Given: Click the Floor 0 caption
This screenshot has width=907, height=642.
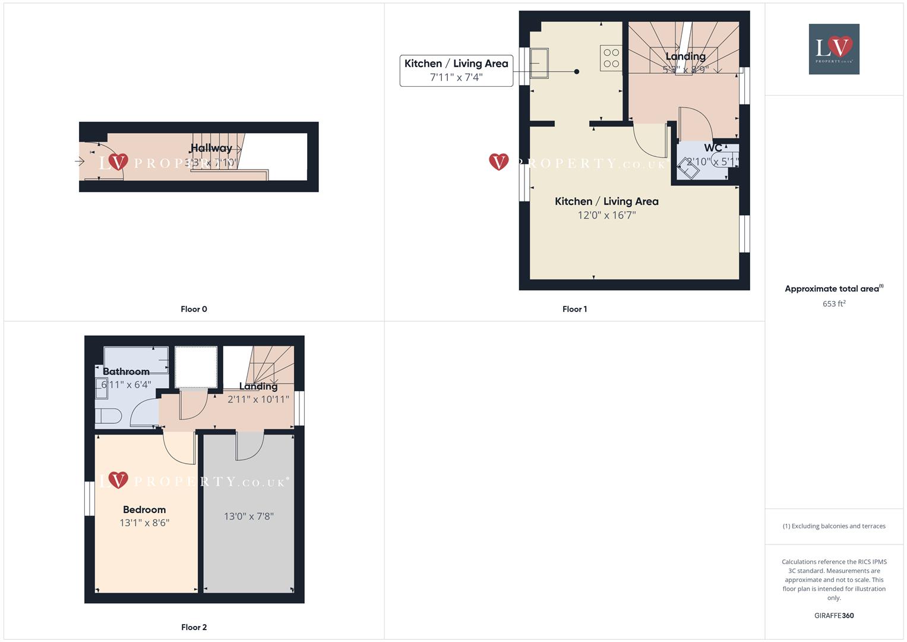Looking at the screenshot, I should tap(194, 309).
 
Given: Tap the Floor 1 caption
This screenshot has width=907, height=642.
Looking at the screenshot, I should tap(574, 309).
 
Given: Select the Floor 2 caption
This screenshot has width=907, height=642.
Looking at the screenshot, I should tap(194, 627).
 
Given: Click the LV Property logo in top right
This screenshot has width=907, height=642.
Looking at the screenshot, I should tap(834, 49).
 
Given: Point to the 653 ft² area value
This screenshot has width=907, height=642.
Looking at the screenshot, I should tap(834, 304).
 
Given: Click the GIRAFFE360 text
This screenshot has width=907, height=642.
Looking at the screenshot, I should tap(834, 616).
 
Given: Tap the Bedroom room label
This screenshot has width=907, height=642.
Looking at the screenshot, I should tap(144, 509).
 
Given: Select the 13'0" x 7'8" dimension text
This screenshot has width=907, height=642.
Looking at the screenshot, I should tap(248, 517).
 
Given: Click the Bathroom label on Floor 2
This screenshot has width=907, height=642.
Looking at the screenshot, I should tap(126, 372).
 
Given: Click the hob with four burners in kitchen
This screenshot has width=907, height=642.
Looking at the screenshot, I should tap(611, 58).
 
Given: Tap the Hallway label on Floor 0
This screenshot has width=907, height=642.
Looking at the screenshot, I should tap(211, 148).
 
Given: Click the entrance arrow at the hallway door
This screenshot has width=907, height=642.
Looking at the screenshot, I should tap(80, 161).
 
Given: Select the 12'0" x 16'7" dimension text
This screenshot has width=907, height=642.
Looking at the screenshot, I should tap(606, 215).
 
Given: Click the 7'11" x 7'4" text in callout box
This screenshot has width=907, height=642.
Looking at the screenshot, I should tap(456, 77).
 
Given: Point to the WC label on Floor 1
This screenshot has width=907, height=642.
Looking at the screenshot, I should tap(713, 148).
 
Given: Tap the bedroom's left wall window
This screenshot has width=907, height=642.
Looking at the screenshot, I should tap(90, 498).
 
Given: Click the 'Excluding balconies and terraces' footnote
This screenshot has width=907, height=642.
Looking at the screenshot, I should tap(834, 526).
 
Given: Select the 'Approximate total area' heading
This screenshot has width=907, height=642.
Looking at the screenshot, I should tap(832, 289).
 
